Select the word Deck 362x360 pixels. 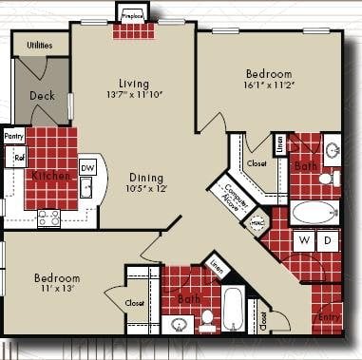coord(41,95)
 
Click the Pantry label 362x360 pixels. coord(13,137)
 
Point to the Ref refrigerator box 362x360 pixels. coord(18,157)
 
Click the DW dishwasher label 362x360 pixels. coord(87,167)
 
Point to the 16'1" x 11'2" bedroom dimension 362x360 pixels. coord(270,85)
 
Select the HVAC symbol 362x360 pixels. coord(255,223)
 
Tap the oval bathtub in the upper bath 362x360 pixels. coord(314,211)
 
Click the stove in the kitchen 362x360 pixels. coord(48,218)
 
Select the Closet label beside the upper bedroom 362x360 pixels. coord(257,163)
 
